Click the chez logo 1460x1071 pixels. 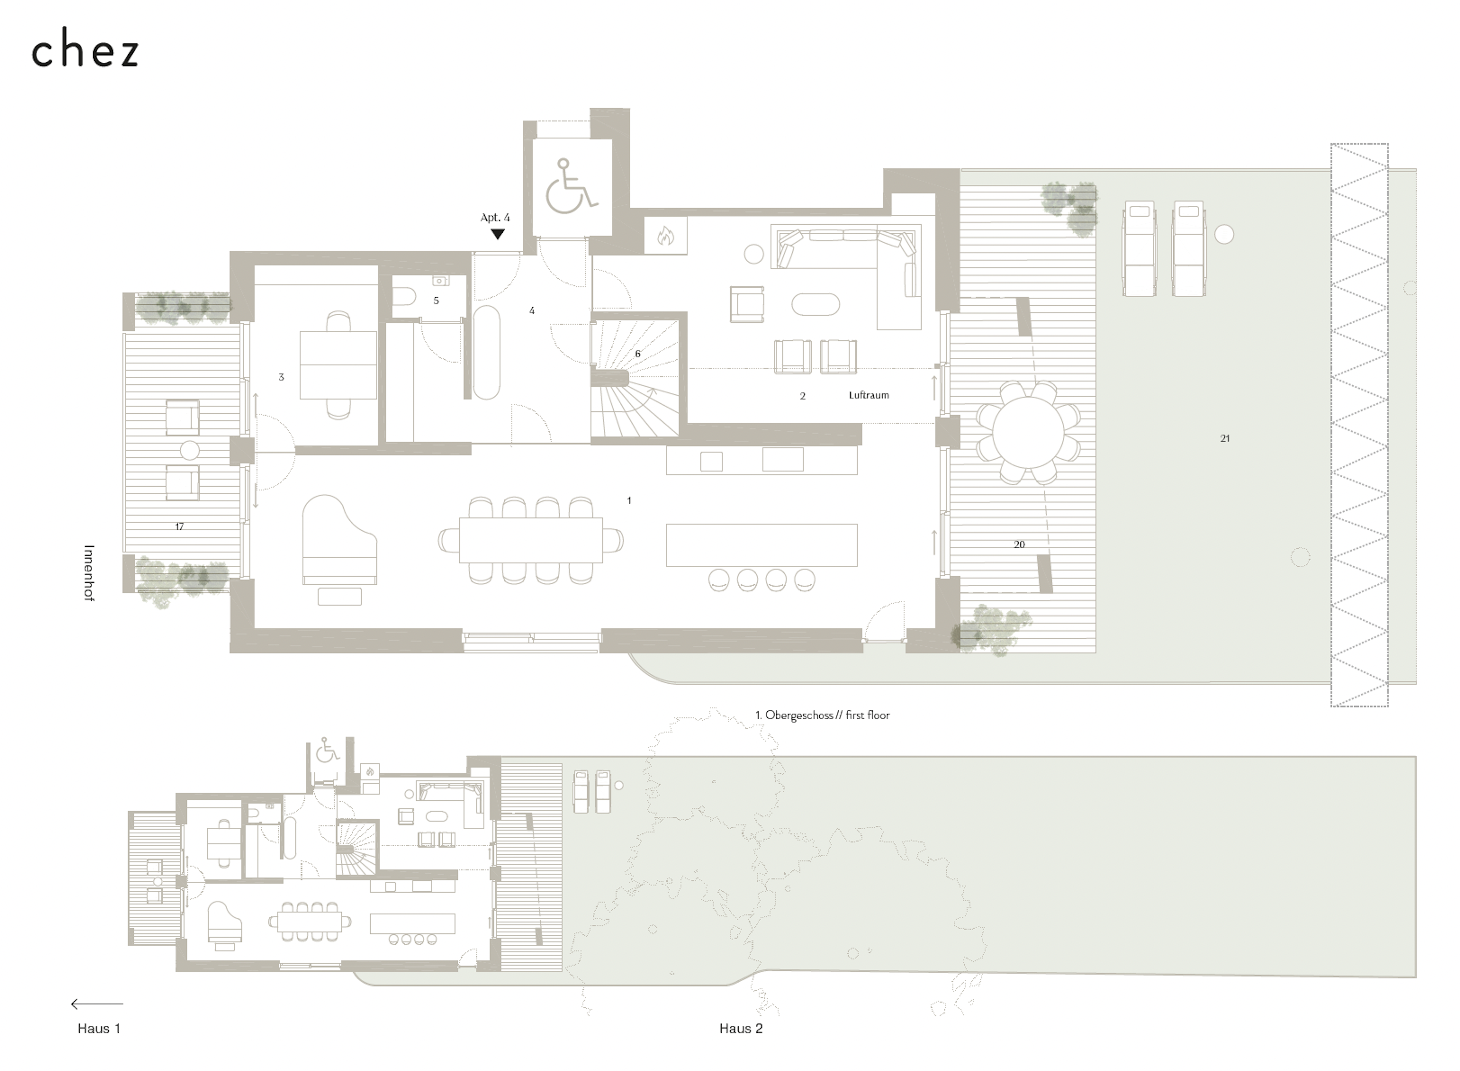85,48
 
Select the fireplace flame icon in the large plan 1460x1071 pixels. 665,236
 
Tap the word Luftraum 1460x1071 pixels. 869,395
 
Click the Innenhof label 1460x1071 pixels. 89,573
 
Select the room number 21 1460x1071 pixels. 1225,438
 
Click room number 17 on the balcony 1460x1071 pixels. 179,527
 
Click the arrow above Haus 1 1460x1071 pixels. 97,1004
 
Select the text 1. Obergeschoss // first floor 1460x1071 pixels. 822,715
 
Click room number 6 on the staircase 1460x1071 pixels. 637,353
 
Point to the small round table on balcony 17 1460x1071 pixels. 189,450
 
